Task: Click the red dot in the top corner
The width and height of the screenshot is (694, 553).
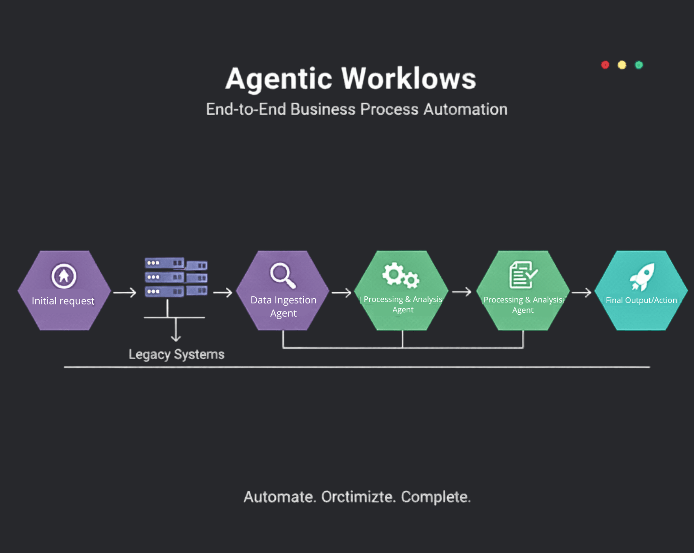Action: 605,65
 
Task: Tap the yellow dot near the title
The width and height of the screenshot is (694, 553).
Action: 622,65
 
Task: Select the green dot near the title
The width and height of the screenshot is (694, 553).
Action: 639,65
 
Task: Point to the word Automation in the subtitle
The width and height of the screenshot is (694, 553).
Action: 465,109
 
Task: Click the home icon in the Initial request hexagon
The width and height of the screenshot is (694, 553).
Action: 64,276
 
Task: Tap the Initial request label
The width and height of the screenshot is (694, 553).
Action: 63,301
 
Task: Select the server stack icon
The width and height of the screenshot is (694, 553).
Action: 175,277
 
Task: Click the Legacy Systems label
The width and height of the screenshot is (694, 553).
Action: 176,354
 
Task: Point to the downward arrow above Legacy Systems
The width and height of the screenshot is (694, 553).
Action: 176,330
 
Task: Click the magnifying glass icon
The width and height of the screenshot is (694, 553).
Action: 282,275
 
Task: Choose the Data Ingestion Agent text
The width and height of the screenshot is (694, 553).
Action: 283,306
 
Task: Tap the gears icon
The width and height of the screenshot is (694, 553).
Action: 401,275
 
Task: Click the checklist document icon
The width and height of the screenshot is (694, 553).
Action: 522,275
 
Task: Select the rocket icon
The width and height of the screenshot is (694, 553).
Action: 642,276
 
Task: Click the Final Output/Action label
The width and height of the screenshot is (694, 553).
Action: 641,300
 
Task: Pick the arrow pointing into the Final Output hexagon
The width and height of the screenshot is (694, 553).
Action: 581,293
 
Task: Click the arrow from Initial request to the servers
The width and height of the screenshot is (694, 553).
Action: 124,293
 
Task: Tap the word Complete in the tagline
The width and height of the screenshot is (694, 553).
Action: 436,497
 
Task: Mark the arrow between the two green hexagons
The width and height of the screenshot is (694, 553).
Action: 462,292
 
